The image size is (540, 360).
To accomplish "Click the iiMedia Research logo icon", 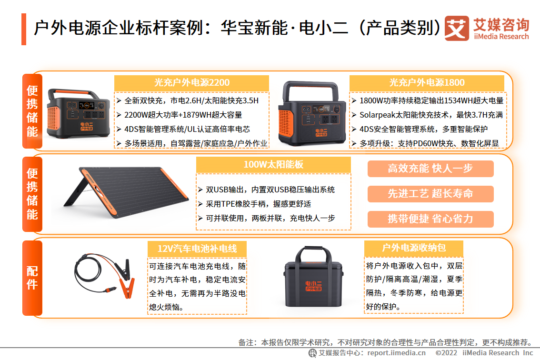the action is tap(457, 28).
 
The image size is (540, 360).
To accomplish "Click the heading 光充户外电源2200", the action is tap(191, 83).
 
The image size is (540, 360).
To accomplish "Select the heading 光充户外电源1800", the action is tap(427, 83).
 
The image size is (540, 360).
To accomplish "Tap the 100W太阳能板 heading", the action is tap(273, 165).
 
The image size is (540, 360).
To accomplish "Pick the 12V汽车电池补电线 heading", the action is tap(197, 249).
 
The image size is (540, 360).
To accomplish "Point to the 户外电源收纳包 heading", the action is tap(414, 248).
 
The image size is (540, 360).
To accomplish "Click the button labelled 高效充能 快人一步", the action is tap(430, 169).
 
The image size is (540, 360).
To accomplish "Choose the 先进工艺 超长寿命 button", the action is tap(430, 194).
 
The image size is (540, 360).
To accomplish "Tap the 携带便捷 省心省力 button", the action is tap(430, 219).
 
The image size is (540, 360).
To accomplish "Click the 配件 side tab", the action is tap(32, 278).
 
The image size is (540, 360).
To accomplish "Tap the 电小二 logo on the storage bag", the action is tap(313, 286).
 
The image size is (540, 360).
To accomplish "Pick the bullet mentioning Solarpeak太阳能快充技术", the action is tap(428, 115).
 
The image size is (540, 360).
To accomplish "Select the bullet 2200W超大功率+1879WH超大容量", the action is tap(180, 115).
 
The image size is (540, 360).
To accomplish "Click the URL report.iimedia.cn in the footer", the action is tap(396, 353).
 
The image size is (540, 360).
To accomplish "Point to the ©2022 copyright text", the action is tap(446, 353).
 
